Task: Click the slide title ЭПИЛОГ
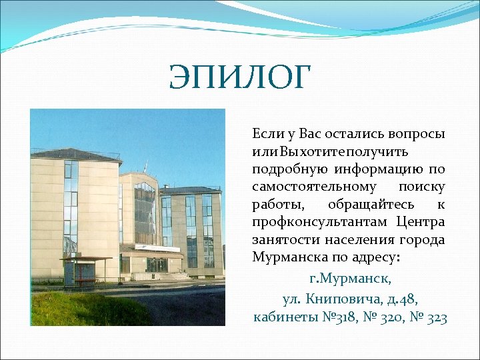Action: (240, 77)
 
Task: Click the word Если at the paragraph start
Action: (265, 134)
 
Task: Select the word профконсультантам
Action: (319, 221)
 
